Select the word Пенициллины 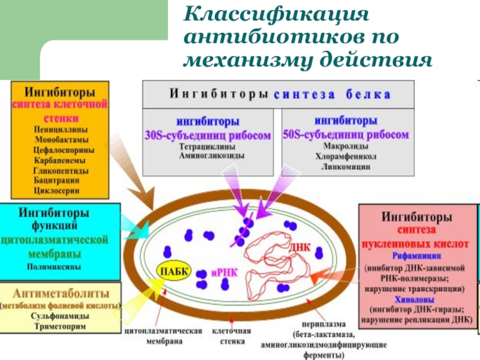[59, 129]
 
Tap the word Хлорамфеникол [347, 156]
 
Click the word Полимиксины [55, 266]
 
